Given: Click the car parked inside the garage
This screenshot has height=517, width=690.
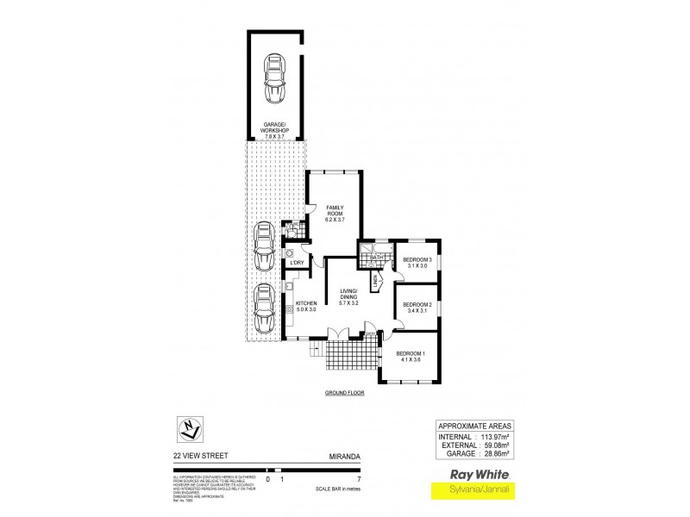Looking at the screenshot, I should (x=276, y=78).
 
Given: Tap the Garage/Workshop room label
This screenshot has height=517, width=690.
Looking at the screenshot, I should (x=276, y=131).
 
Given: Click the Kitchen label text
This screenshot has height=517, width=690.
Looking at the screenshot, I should (x=307, y=306).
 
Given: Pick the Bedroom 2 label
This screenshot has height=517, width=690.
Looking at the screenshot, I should (x=417, y=308).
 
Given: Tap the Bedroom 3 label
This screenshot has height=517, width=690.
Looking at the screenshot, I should (x=417, y=262).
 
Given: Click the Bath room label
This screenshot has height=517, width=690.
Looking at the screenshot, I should (x=376, y=258).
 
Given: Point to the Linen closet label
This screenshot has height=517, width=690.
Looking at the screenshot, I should (x=377, y=282).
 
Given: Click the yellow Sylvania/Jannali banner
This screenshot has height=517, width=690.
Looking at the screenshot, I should (x=473, y=491).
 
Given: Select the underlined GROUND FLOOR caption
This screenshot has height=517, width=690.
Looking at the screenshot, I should (x=345, y=392).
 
